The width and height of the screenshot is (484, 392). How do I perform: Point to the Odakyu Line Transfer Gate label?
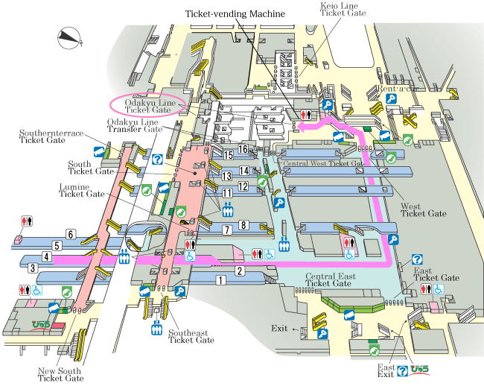click(x=134, y=125)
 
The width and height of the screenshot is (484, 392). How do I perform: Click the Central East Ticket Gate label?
click(x=328, y=279)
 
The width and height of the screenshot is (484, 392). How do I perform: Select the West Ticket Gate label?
click(x=422, y=209)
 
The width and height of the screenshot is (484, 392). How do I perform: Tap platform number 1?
click(x=220, y=281)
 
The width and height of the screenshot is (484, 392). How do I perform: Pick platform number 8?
click(x=243, y=225)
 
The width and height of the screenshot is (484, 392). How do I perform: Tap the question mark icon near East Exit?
click(x=402, y=370)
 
